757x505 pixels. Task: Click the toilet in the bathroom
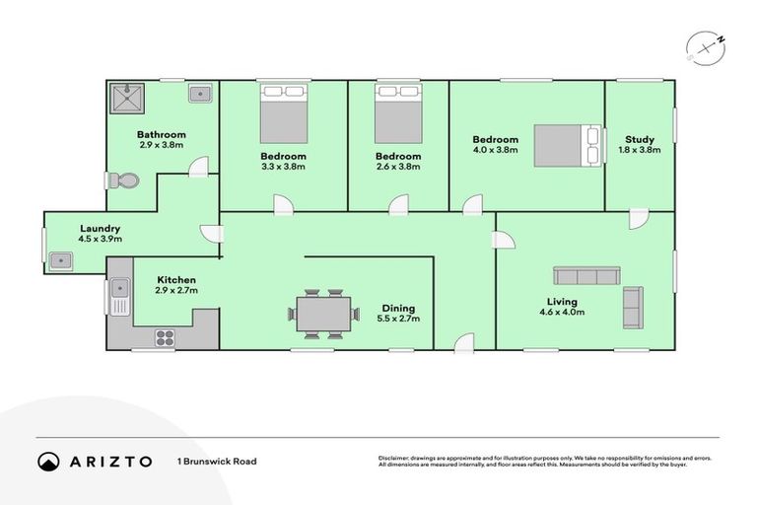pos(125,181)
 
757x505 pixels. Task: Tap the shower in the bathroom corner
pos(125,98)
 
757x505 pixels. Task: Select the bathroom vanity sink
pos(200,94)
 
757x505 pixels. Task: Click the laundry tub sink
pos(58,260)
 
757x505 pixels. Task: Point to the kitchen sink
pos(120,293)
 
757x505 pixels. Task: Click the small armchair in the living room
pos(632,307)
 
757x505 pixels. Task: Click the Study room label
pos(640,139)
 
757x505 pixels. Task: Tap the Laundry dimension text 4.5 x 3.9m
pos(101,239)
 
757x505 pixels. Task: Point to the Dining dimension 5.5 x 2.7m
pos(398,319)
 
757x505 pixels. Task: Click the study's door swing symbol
pos(639,214)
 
